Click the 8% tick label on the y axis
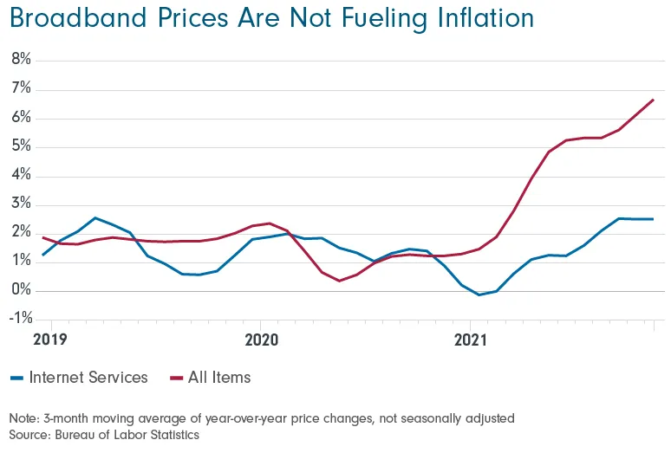[21, 60]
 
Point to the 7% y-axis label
[21, 89]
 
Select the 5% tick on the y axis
[21, 146]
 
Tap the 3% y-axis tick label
[21, 204]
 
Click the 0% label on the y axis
[21, 290]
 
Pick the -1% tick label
[19, 319]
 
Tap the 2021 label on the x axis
[470, 340]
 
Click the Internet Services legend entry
[88, 378]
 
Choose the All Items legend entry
[219, 378]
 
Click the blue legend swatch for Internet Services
[16, 379]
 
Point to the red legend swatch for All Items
[176, 379]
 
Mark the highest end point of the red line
[653, 100]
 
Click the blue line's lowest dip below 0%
[479, 295]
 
